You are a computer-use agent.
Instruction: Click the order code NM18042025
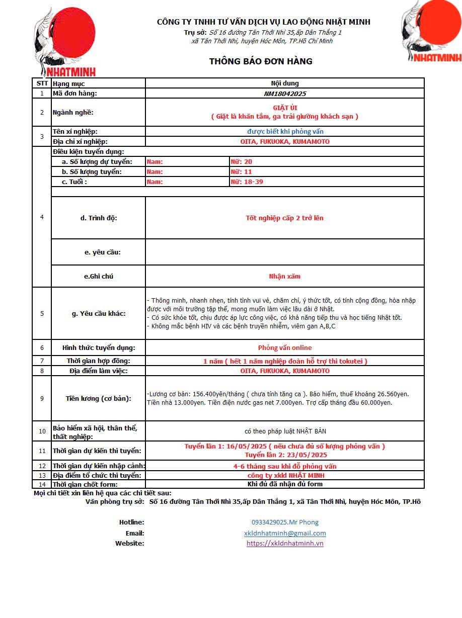click(285, 94)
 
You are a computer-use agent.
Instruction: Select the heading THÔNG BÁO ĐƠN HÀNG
click(261, 61)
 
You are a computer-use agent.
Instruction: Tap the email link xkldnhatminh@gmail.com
click(285, 533)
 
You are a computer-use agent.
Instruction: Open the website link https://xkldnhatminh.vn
click(285, 543)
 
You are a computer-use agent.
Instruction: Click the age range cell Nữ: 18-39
click(247, 182)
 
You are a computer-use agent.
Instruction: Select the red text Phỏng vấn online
click(285, 348)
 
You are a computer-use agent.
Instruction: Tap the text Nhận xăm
click(285, 277)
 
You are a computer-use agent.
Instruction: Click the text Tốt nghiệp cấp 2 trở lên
click(285, 218)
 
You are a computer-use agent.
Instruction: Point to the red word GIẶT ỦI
click(285, 108)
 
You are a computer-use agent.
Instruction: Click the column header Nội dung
click(285, 83)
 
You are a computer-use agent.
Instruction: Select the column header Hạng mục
click(69, 83)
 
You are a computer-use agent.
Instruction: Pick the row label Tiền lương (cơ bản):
click(99, 399)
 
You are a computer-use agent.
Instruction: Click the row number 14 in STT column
click(42, 484)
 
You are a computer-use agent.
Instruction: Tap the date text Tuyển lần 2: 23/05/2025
click(285, 455)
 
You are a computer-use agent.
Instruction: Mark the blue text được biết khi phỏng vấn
click(285, 132)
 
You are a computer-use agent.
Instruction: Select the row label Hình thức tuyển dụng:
click(99, 348)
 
